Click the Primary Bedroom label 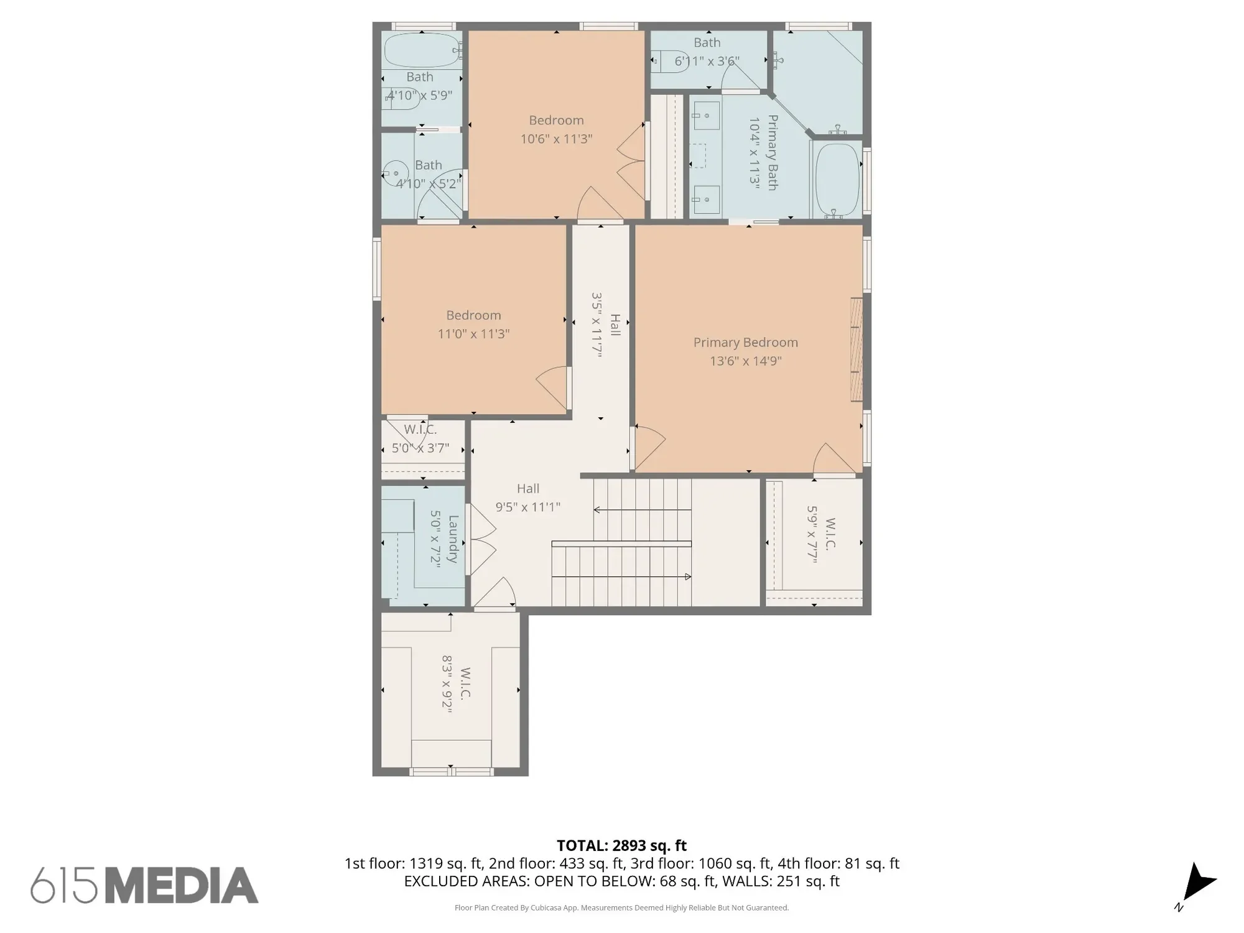(x=745, y=342)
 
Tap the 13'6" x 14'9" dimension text (x=745, y=361)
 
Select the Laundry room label (x=453, y=539)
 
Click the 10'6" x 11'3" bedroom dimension (x=556, y=139)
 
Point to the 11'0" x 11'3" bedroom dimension (x=473, y=334)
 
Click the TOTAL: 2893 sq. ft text (x=621, y=845)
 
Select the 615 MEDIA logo (x=144, y=885)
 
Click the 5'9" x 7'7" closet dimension (x=812, y=534)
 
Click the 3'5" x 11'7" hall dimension (x=597, y=324)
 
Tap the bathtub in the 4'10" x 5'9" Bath (x=421, y=51)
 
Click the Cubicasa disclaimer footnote (x=621, y=907)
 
